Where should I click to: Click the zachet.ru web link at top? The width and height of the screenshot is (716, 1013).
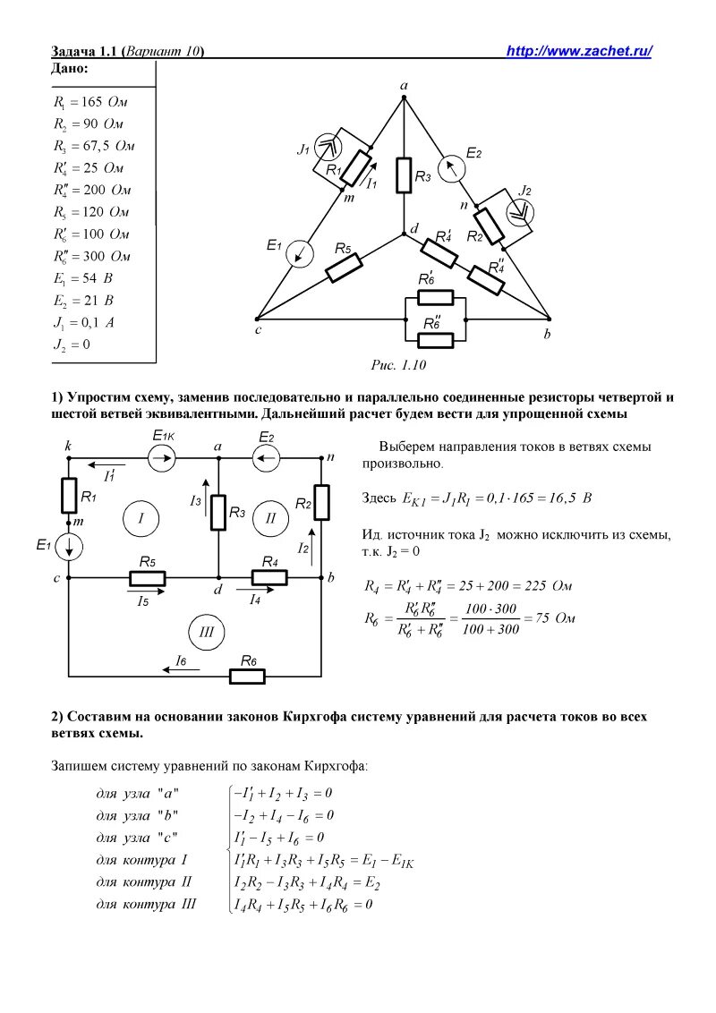tap(579, 51)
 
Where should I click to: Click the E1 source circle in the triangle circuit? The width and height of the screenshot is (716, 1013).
tap(300, 253)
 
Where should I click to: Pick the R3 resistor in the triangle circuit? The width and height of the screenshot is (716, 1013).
tap(404, 175)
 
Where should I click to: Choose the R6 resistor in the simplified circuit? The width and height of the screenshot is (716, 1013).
tap(248, 676)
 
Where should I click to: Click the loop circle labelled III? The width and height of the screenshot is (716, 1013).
tap(207, 633)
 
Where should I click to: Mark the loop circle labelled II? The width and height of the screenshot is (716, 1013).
tap(270, 517)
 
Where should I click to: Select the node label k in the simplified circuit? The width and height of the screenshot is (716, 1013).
tap(69, 445)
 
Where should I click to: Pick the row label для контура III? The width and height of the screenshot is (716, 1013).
tap(146, 905)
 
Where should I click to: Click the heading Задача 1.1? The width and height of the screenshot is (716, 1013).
tap(86, 51)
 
